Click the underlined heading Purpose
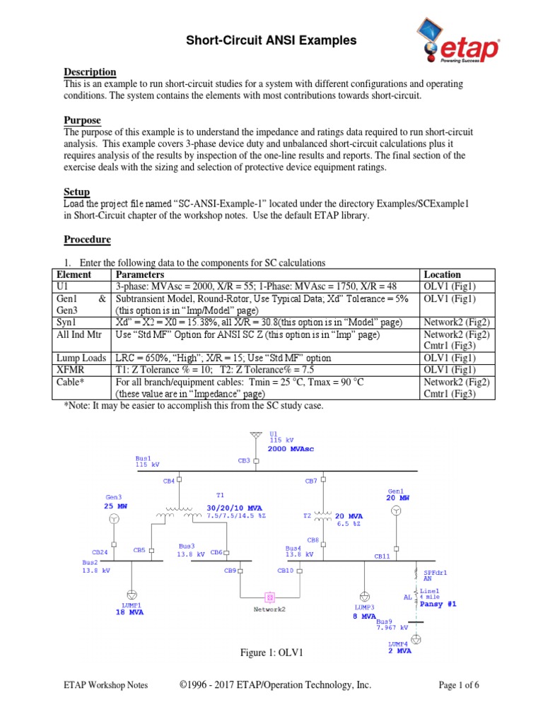(x=82, y=121)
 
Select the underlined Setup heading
(x=76, y=192)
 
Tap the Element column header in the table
(x=74, y=274)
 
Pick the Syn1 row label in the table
(x=65, y=322)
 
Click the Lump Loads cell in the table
(x=82, y=358)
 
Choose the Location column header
(x=442, y=274)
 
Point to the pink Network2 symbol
(x=269, y=597)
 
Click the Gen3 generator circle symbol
(x=113, y=520)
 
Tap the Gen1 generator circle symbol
(x=397, y=511)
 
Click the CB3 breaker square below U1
(x=257, y=461)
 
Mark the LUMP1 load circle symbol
(x=132, y=594)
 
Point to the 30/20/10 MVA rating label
(x=235, y=508)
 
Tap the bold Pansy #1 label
(x=438, y=605)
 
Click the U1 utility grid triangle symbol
(x=257, y=436)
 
